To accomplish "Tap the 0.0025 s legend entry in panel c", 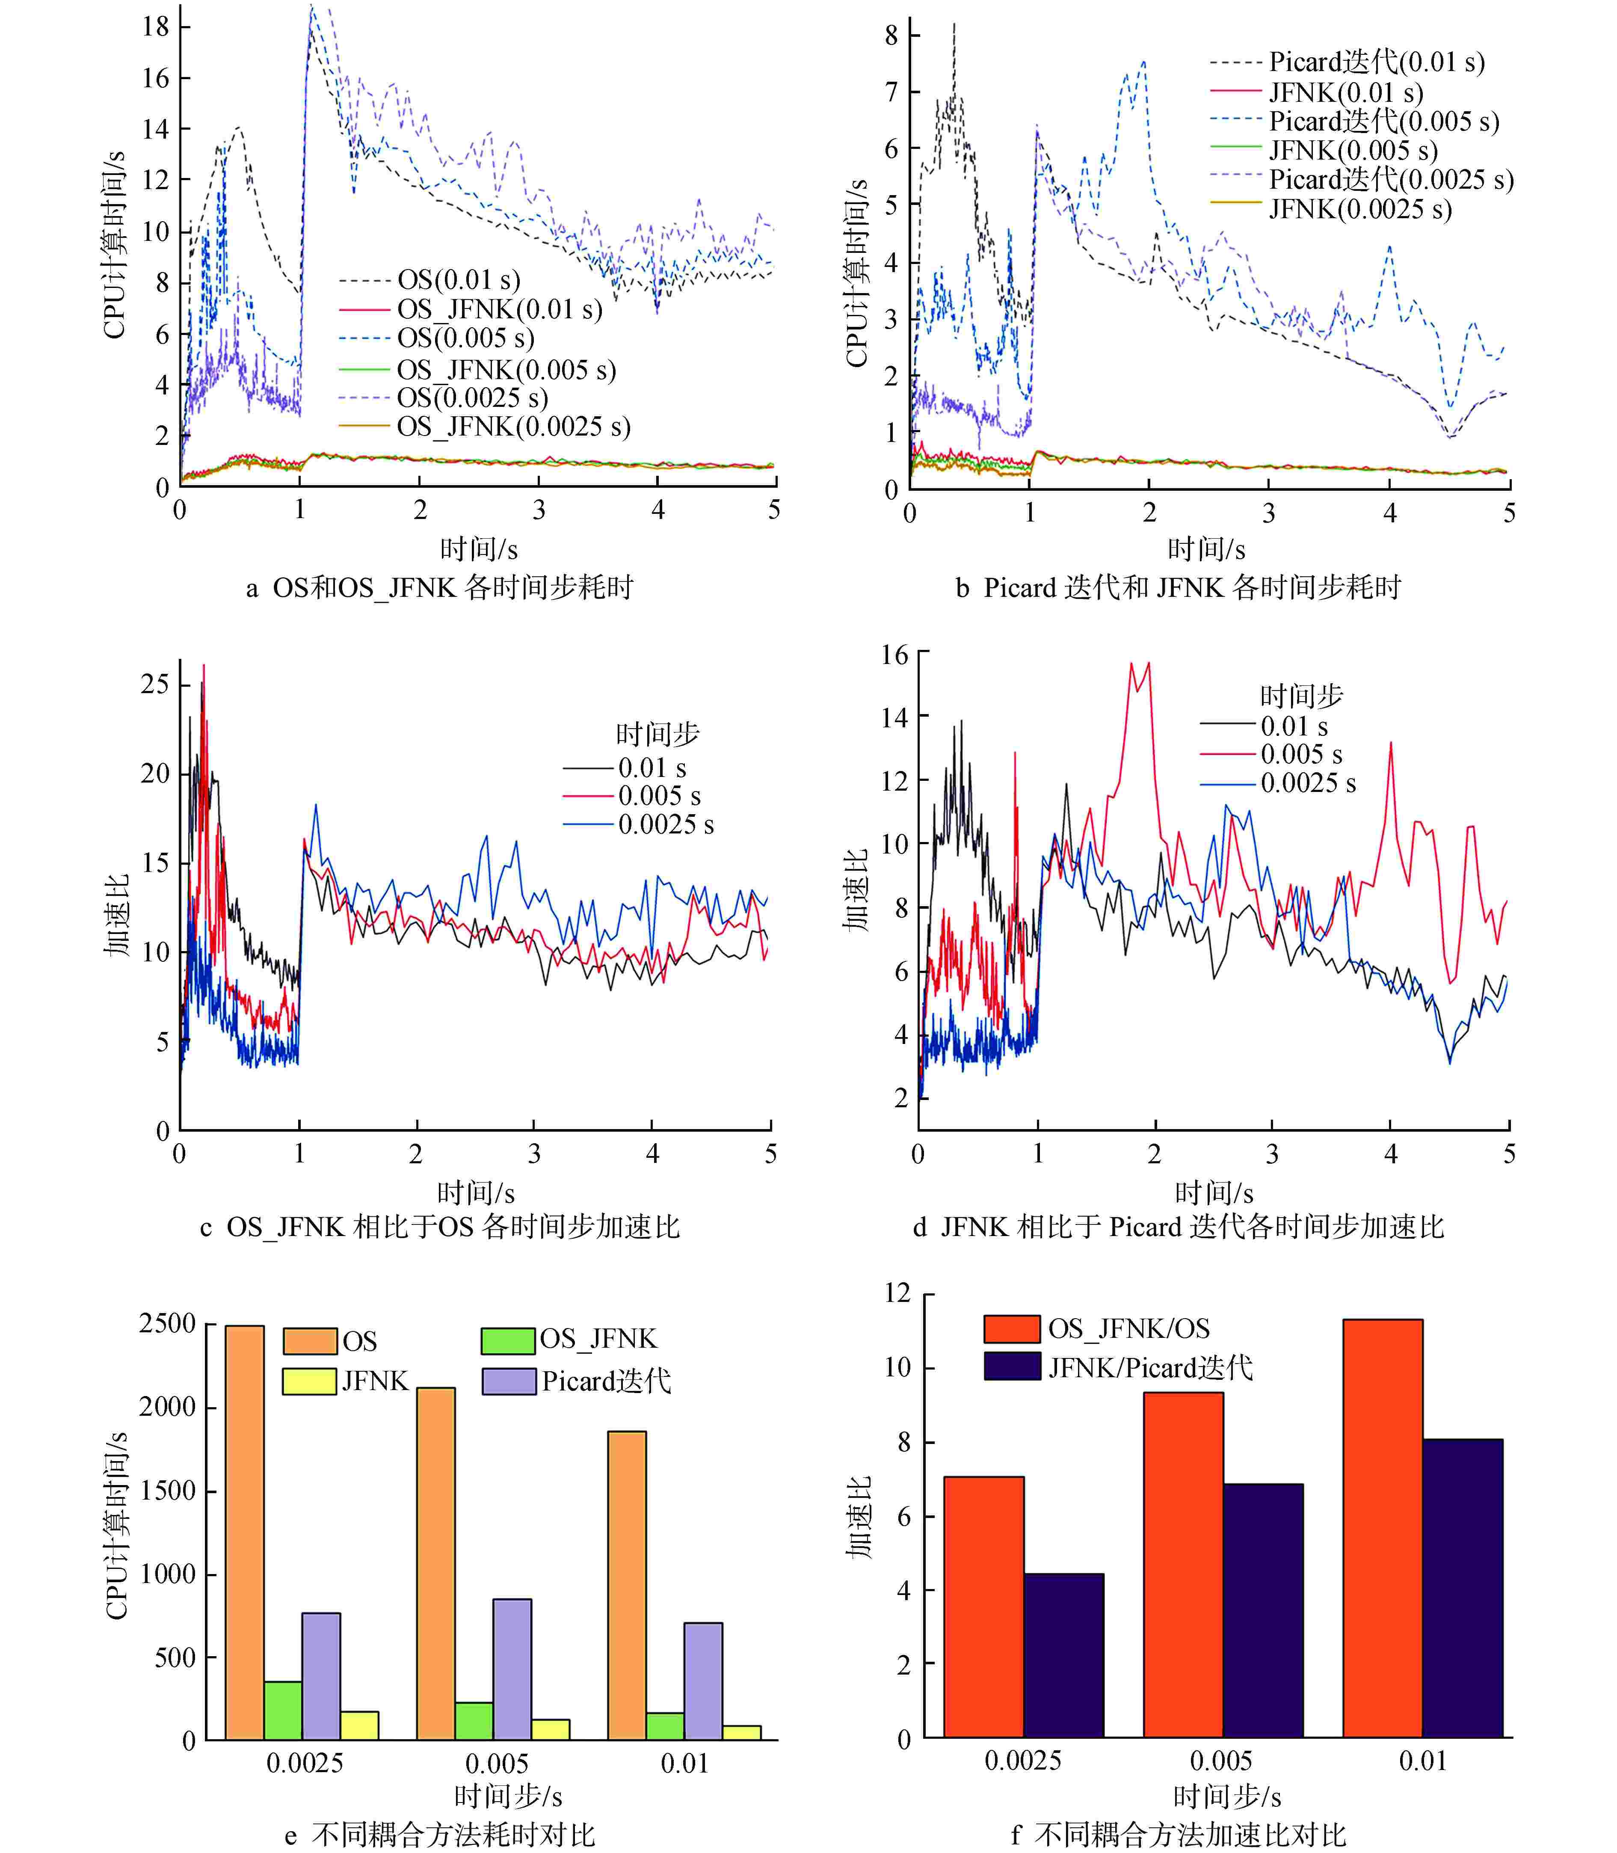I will (665, 824).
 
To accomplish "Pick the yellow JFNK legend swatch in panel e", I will (310, 1381).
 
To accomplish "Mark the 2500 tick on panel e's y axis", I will (168, 1324).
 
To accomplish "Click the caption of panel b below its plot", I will (1178, 587).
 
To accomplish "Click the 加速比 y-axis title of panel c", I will (116, 914).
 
